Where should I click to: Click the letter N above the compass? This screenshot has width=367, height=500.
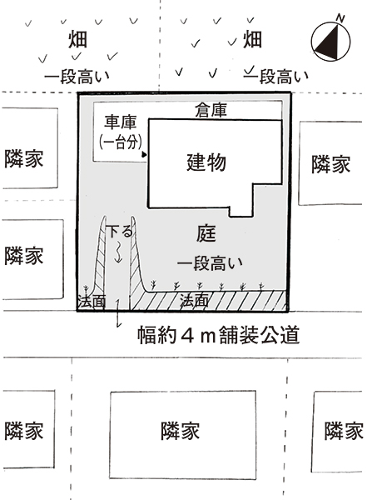coord(341,18)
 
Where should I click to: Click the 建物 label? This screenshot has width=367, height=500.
coord(206,162)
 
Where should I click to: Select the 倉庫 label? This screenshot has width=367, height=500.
coord(211,110)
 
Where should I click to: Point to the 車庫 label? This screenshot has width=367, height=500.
coord(121,122)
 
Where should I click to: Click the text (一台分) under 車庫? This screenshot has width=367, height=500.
coord(121,142)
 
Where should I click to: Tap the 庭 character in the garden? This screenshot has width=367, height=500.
coord(206,233)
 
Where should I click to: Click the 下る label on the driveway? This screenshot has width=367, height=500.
coord(119,231)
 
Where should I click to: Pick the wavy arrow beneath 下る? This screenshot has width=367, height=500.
coord(118,252)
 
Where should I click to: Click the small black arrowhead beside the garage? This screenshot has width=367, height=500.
coord(144,155)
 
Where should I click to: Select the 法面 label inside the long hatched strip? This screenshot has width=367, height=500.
coord(194,301)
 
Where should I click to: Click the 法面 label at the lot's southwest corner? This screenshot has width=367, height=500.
coord(92,302)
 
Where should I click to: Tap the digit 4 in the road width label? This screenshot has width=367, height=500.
coord(187,335)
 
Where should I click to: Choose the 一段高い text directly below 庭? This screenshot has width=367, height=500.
coord(210,263)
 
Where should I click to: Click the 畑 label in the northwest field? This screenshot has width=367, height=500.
coord(77,39)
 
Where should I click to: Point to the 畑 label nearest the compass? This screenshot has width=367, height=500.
coord(252,39)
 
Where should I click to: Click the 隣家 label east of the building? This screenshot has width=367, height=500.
coord(331,164)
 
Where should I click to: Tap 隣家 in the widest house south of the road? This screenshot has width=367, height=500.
coord(181,431)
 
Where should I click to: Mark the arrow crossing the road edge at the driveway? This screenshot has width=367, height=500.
coord(118,313)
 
